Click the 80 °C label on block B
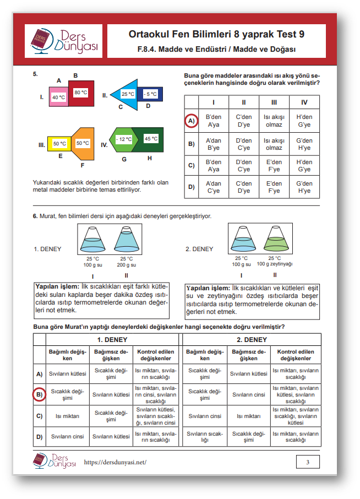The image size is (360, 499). point(81,93)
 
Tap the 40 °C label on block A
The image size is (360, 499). point(59,97)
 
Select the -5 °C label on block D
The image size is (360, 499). point(150,94)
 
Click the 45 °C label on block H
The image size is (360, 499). point(151,139)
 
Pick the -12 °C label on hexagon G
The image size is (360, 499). point(124,139)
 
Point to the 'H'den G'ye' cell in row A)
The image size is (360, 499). point(304,121)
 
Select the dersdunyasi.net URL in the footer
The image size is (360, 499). point(115,462)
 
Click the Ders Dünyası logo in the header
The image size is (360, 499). point(64,41)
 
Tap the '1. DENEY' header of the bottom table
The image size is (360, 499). point(112,340)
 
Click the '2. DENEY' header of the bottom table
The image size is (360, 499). point(252,340)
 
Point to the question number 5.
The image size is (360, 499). point(35,73)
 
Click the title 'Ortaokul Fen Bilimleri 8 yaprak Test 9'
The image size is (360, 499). point(216,34)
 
